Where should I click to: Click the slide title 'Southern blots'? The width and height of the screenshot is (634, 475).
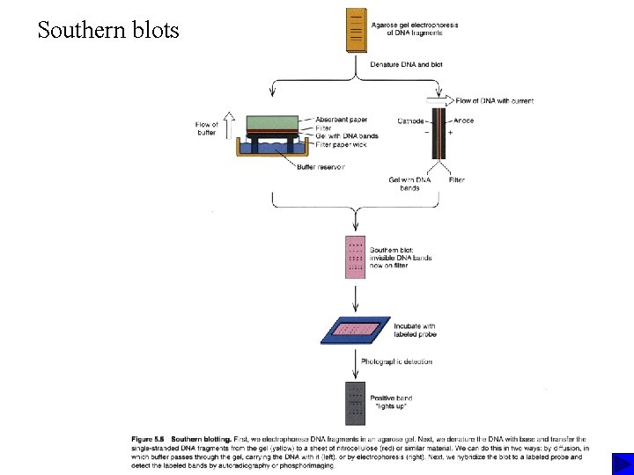pos(108,31)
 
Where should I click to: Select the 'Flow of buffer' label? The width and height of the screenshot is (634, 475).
pos(206,128)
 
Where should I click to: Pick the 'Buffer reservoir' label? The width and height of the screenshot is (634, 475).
pos(321,166)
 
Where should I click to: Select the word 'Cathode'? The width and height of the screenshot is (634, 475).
pos(410,121)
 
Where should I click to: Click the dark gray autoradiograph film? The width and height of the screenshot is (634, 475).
pos(356,403)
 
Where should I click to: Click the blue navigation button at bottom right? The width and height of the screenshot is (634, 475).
pos(622,464)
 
